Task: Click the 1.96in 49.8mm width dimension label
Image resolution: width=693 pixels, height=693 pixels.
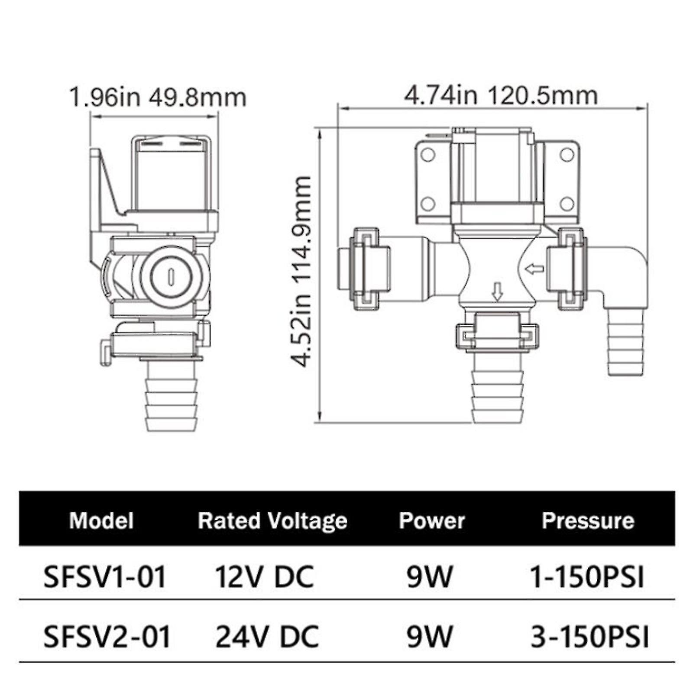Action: (158, 98)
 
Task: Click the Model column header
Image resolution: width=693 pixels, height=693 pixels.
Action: (101, 520)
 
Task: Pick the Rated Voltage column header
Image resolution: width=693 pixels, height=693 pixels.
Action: (272, 520)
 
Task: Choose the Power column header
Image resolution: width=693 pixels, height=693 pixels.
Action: (431, 520)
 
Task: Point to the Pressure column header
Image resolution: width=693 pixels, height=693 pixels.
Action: (588, 520)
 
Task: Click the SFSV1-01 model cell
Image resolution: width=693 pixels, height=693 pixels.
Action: (105, 577)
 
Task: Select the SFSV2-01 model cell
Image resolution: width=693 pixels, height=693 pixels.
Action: (107, 637)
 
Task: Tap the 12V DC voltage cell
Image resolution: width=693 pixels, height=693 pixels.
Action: (264, 577)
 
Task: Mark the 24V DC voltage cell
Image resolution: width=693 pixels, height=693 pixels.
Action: (267, 637)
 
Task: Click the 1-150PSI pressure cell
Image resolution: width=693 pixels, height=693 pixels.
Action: (587, 577)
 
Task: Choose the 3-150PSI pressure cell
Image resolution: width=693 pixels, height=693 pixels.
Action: (589, 637)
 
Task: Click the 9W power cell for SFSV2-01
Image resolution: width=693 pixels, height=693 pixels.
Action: (429, 637)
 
